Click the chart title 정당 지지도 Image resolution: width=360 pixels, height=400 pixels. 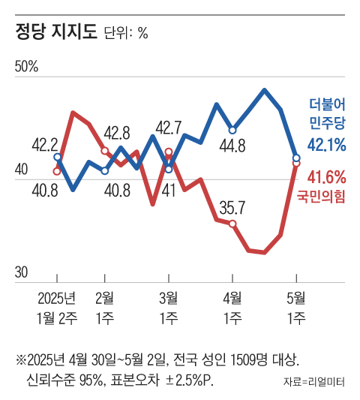pos(56,33)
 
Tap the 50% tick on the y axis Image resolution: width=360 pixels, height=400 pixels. pos(26,68)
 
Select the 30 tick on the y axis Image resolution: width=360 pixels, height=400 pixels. pos(22,272)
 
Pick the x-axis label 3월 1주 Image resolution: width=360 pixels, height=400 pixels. pos(169,306)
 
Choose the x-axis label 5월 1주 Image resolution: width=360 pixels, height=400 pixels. pos(296,306)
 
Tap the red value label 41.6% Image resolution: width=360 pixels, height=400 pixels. pos(327,178)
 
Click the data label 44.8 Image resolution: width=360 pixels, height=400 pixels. pos(232,146)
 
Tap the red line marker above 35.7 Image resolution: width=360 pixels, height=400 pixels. pos(233,224)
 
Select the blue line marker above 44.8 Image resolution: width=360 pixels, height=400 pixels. pos(233,130)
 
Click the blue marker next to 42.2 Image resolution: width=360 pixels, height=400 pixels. pos(58,157)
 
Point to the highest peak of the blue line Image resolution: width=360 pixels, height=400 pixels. pos(265,90)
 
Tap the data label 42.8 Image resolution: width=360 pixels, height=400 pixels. pos(116,133)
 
